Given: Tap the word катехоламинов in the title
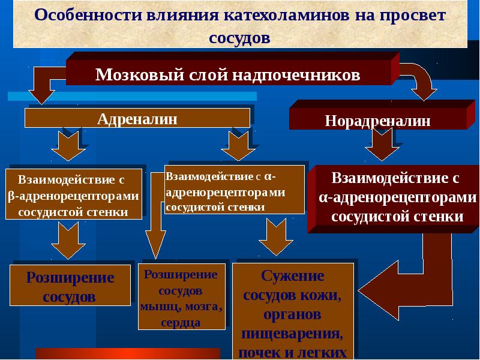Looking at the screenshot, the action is click(286, 15).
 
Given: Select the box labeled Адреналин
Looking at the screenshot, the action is click(137, 118).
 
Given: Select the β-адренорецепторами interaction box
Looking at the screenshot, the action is click(74, 194).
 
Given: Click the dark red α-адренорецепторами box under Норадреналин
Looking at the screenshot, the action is click(393, 199).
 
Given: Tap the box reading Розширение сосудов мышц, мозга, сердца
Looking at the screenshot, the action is click(182, 296).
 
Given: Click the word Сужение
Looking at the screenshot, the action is click(292, 276).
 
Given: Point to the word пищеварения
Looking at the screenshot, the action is click(292, 334).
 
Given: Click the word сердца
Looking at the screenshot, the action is click(181, 323).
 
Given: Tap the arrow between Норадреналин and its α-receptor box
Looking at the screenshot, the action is click(382, 144).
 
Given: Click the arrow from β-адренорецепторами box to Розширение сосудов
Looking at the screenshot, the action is click(68, 241).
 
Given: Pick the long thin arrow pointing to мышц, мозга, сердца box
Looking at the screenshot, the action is click(155, 214).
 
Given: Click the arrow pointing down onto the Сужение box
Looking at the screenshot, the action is click(276, 237).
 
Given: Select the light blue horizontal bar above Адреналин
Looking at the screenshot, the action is click(132, 96).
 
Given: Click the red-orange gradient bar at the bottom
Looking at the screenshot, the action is click(128, 353).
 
